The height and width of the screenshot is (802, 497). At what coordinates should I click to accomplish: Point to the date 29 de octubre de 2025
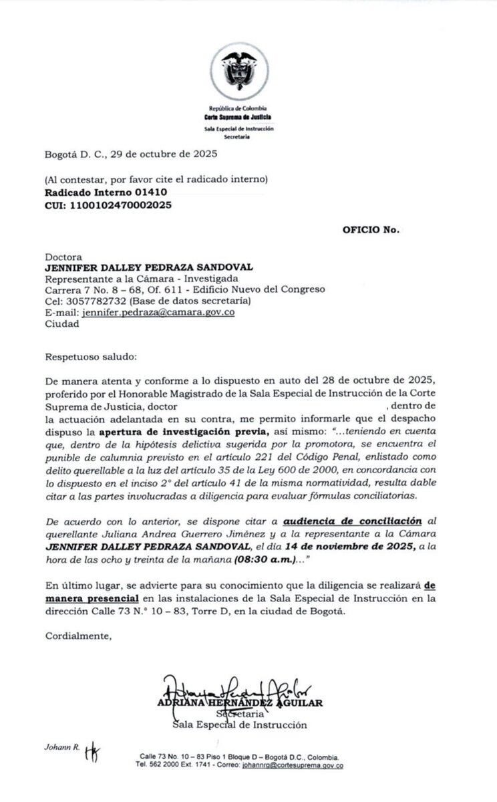(167, 154)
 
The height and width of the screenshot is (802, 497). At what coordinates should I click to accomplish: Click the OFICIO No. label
(371, 229)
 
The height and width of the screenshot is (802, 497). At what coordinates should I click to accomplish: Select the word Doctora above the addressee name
(63, 256)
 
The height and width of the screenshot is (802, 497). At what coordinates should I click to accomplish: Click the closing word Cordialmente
(78, 636)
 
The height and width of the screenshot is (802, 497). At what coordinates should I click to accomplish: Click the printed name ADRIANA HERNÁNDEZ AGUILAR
(240, 702)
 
